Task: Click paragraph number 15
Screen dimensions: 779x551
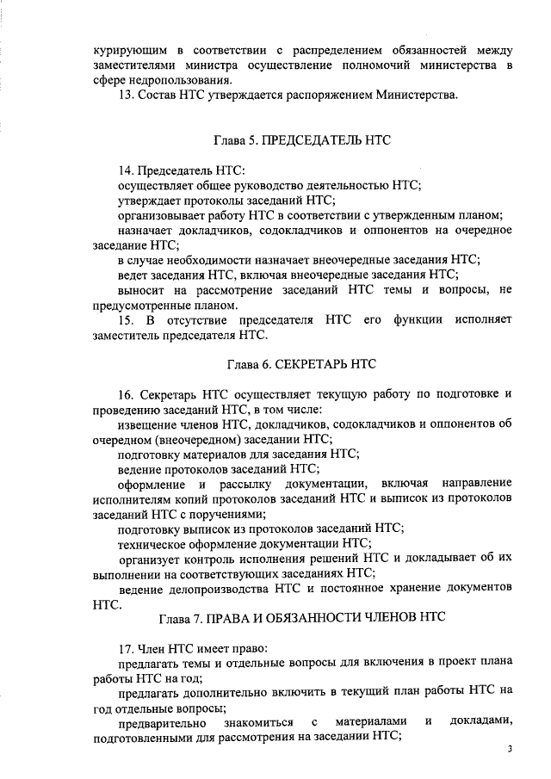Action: (125, 320)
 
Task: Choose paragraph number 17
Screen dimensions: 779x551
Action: (125, 648)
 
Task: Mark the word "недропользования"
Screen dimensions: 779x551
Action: (166, 79)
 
